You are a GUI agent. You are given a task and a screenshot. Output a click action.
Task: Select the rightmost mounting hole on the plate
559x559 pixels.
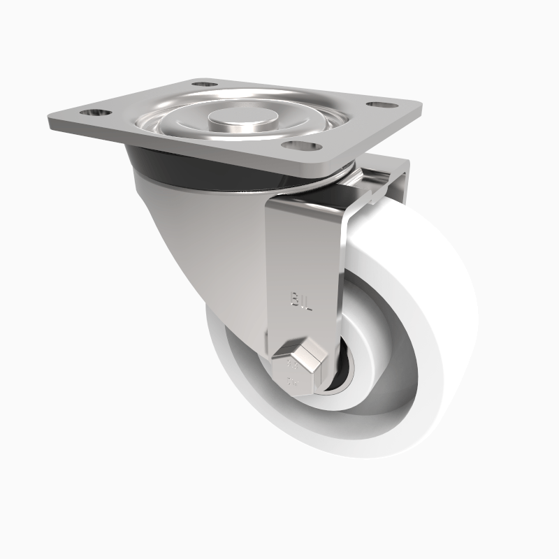(x=379, y=105)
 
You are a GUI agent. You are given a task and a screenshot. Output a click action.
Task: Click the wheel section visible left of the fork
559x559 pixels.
(x=231, y=363)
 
